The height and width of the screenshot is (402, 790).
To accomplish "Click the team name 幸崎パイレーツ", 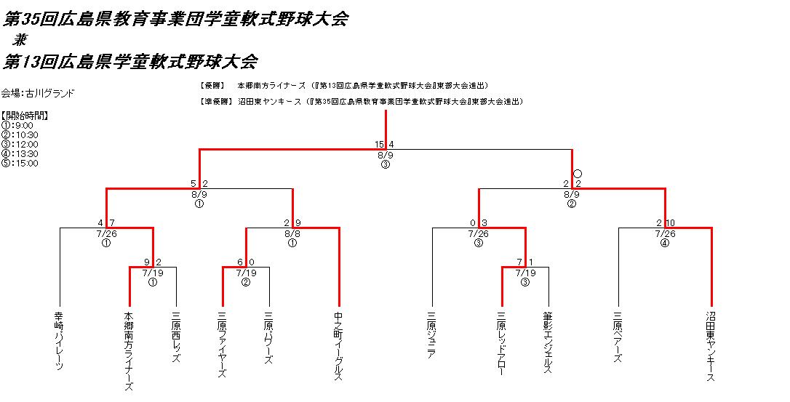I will (x=60, y=341).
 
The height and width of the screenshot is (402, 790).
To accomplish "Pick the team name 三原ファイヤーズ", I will (x=223, y=345).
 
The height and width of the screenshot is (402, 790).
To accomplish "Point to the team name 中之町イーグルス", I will (x=339, y=346).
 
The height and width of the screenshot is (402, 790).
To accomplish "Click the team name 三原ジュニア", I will (x=432, y=335).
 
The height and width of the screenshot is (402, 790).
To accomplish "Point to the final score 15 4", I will (x=386, y=145).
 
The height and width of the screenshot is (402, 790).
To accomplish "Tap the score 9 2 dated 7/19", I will (x=153, y=262).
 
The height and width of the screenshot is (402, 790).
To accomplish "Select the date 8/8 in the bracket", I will (x=292, y=233).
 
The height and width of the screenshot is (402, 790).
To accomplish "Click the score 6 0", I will (x=246, y=262).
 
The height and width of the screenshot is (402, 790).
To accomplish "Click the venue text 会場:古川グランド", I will (x=38, y=93).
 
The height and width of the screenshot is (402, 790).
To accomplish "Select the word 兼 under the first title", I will (x=20, y=41).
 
